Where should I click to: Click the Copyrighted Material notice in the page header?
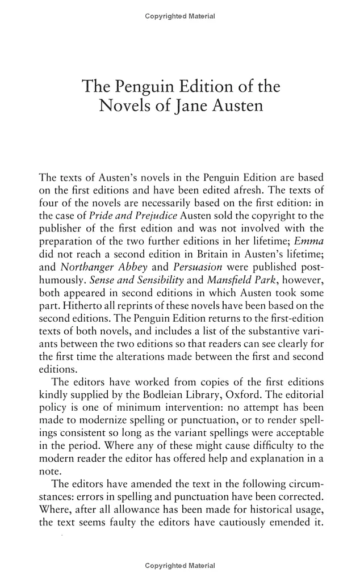(x=180, y=16)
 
